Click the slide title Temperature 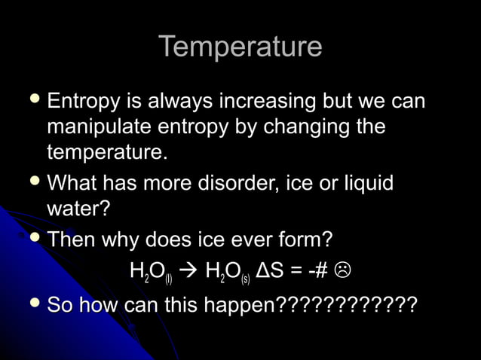[240, 47]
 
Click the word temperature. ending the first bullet [106, 151]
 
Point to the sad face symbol [344, 269]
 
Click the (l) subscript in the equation [169, 278]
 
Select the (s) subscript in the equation [246, 278]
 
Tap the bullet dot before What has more [34, 182]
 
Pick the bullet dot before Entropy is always [34, 100]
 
